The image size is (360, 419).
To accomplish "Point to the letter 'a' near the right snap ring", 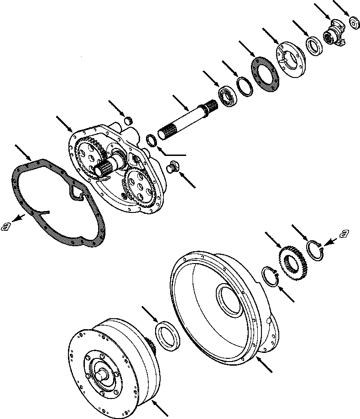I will click(343, 234).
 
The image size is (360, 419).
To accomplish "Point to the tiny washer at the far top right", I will click(353, 22).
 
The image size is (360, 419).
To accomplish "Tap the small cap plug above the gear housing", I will click(129, 120).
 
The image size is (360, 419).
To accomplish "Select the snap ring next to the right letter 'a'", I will click(315, 250).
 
